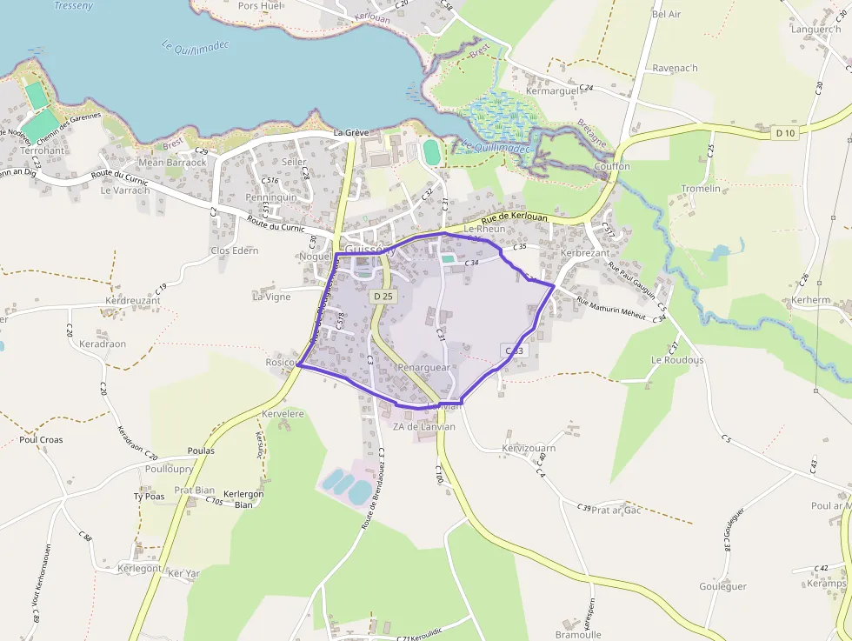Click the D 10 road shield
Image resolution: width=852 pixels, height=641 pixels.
tap(785, 133)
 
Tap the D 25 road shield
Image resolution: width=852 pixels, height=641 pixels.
tap(383, 297)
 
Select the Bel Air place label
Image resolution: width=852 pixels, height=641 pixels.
tap(666, 15)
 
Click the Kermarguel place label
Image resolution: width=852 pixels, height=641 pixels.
tap(552, 91)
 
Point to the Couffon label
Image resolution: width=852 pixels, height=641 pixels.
tap(612, 166)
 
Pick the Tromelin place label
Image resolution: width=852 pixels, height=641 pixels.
tap(701, 189)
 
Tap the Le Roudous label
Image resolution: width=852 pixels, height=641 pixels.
tap(677, 359)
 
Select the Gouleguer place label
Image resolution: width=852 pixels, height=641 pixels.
tap(722, 586)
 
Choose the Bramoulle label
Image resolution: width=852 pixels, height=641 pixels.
tap(578, 635)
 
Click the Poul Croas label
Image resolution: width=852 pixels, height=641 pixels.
tap(41, 439)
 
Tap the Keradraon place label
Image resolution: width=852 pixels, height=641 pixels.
tap(103, 344)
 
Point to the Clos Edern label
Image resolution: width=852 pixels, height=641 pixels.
tap(235, 250)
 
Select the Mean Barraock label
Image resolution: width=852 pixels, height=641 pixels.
tap(173, 162)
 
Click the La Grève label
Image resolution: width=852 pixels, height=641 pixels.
tap(352, 132)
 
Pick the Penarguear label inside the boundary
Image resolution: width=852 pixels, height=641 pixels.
tap(423, 368)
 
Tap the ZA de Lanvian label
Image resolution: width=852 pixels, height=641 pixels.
tap(424, 427)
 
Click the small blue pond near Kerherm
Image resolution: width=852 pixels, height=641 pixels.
tap(720, 253)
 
